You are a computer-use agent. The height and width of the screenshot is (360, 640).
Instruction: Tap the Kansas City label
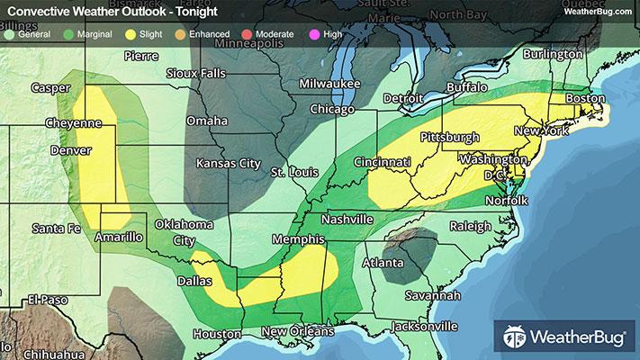click(229, 164)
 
